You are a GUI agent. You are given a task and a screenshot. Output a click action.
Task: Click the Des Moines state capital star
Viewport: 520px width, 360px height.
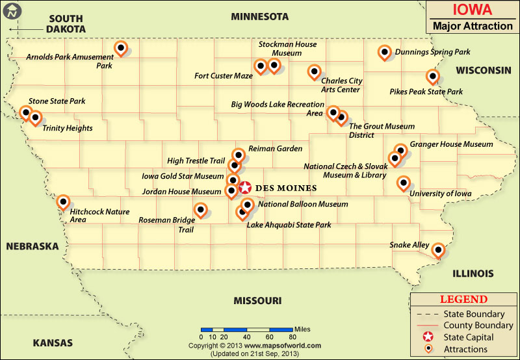[x=245, y=188]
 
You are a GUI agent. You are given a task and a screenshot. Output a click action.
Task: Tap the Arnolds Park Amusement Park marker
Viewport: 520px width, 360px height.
[x=120, y=47]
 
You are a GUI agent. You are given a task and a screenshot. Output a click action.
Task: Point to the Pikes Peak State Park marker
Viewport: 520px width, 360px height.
[x=432, y=76]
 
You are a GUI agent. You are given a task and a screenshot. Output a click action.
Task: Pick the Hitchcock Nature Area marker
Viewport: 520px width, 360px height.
[x=63, y=202]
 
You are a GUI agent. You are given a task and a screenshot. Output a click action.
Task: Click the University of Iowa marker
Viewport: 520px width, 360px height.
[x=404, y=183]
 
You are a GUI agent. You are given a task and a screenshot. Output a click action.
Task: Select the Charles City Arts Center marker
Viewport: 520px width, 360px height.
[x=314, y=71]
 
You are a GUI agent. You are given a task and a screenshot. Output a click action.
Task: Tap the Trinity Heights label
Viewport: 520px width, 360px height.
[x=68, y=129]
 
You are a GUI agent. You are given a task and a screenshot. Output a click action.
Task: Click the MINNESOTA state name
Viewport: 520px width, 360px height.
[x=259, y=16]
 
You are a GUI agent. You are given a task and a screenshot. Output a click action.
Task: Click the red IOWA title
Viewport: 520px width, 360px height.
[x=471, y=10]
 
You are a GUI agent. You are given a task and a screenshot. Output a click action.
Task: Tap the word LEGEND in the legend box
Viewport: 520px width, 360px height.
[x=463, y=300]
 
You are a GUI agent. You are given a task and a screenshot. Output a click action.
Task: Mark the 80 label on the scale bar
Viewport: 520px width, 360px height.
[x=292, y=337]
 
